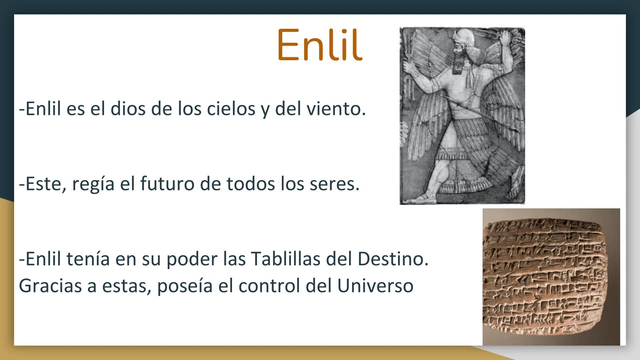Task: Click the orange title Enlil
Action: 319,45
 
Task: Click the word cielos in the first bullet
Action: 231,109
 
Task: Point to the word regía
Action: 93,184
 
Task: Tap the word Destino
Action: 393,259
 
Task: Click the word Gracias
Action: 50,286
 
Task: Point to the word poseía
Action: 185,286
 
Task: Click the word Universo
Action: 375,286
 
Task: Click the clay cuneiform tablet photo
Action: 551,277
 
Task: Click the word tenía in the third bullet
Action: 88,259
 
